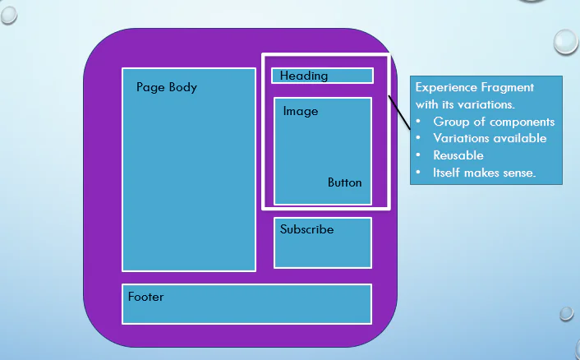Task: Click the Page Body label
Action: click(167, 87)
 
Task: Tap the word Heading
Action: click(304, 76)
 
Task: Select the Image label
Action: click(301, 111)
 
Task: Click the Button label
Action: click(344, 182)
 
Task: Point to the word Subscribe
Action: click(306, 229)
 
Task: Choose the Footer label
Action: click(145, 297)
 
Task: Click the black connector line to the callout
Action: click(398, 112)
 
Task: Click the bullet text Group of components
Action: click(494, 122)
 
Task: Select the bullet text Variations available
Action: click(490, 138)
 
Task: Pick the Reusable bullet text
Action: click(458, 155)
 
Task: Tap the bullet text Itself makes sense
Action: click(484, 173)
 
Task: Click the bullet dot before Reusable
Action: click(419, 155)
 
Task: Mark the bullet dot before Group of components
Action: click(419, 122)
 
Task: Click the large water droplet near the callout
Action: click(565, 41)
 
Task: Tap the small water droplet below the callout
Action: click(566, 313)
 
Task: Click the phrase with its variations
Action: click(465, 104)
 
